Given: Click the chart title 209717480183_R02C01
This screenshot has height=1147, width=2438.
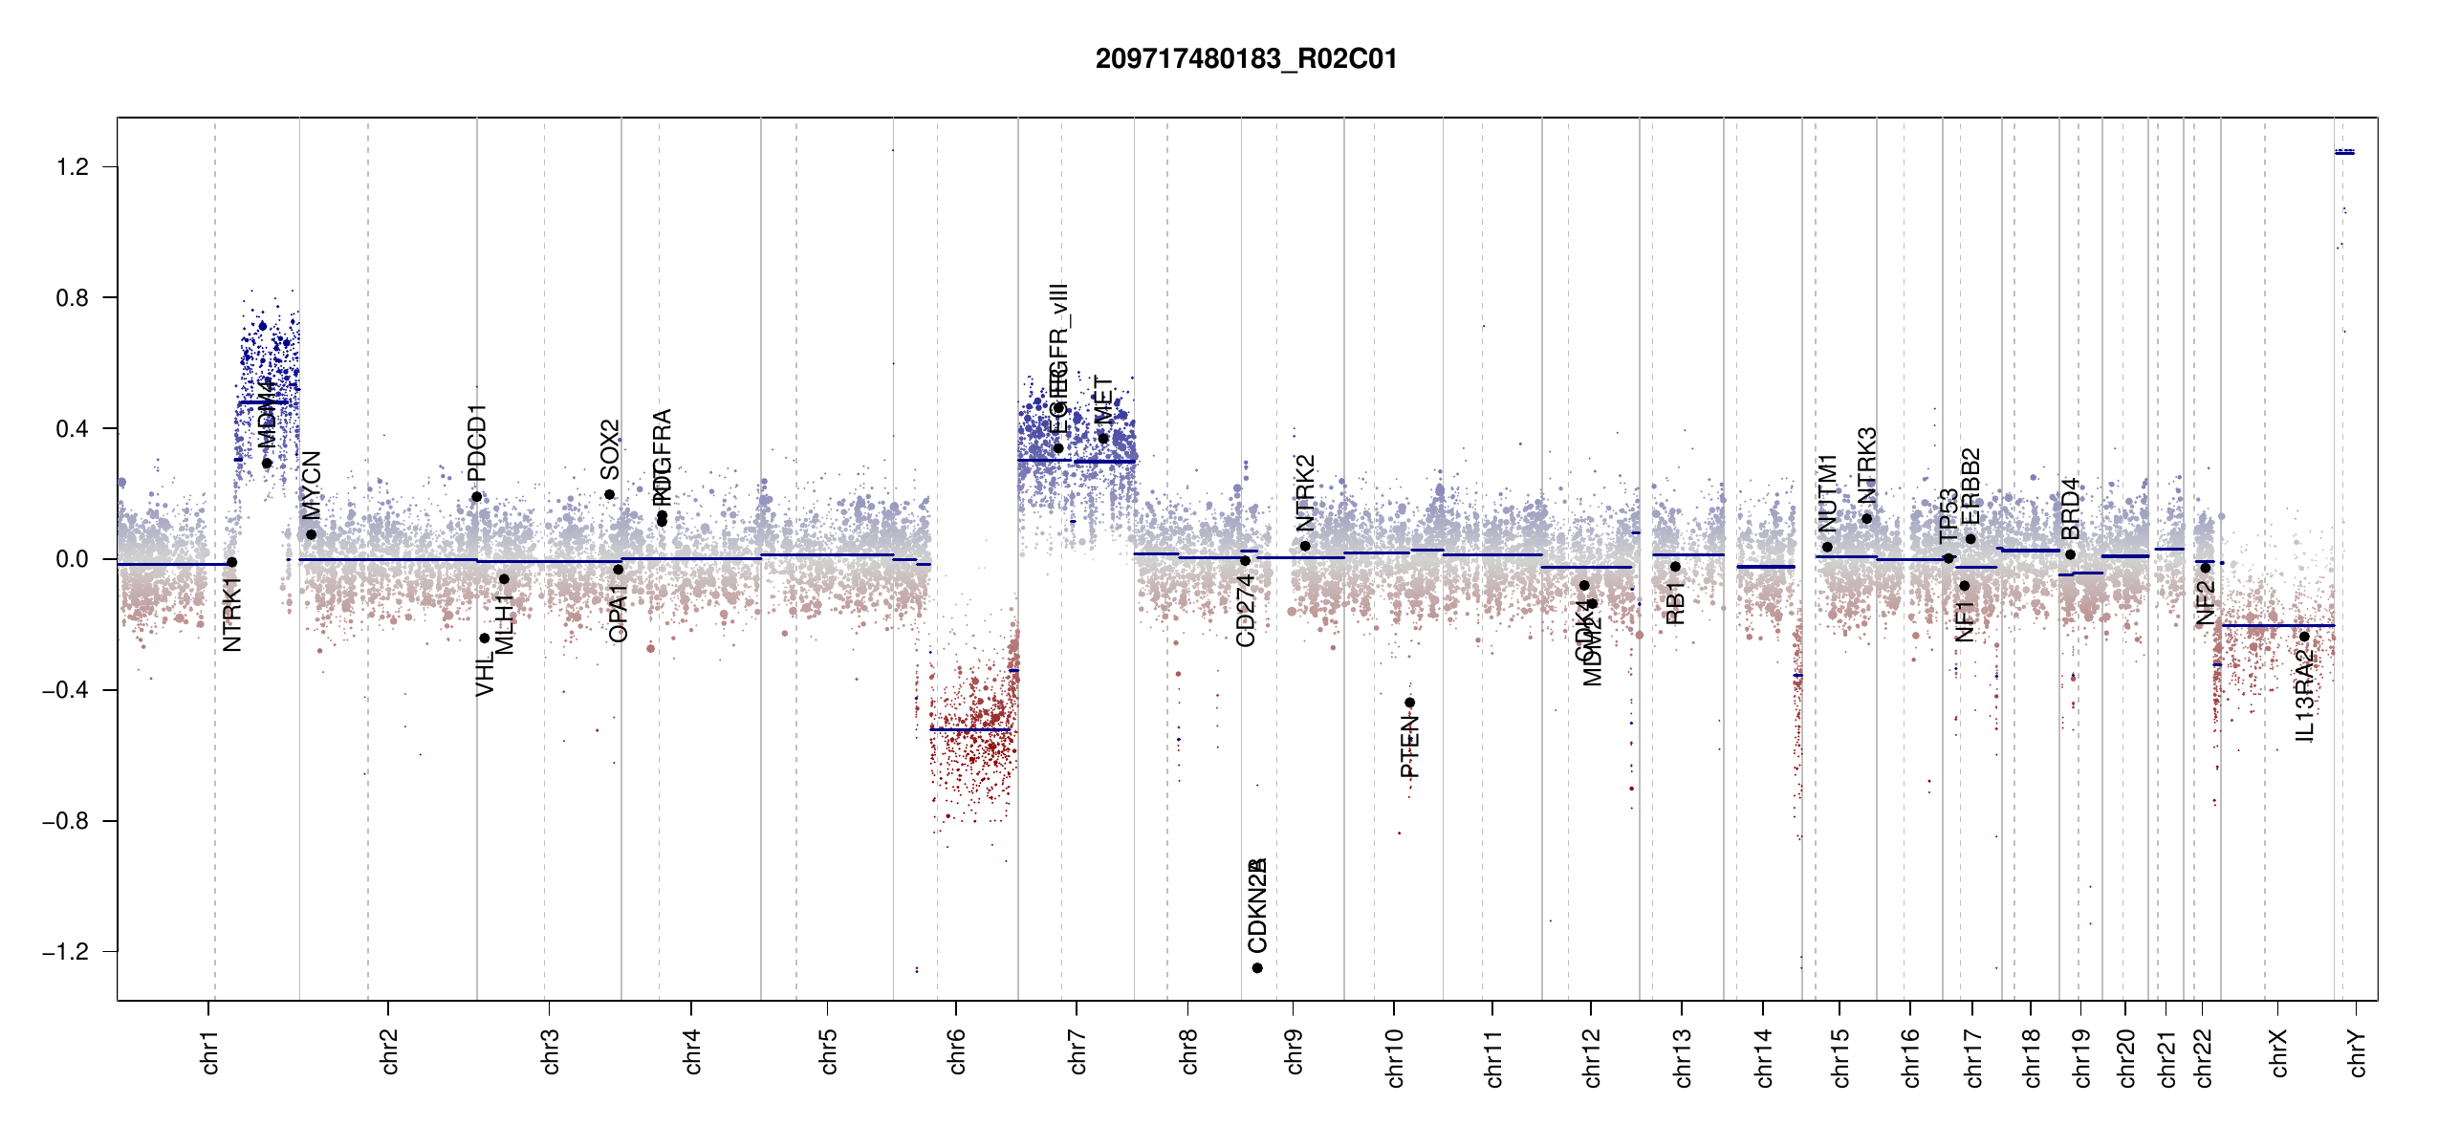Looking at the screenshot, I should (1246, 59).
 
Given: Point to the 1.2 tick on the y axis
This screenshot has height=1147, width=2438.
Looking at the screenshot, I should (72, 167).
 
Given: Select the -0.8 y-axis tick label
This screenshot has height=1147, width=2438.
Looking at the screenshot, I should (65, 821).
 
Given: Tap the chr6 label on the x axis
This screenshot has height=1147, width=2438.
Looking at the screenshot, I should (957, 1051).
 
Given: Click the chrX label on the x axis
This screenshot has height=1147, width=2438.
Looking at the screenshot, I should (2278, 1052).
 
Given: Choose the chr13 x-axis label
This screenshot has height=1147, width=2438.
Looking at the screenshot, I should (1682, 1057).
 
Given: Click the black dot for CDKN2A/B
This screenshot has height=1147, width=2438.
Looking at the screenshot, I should (1257, 968).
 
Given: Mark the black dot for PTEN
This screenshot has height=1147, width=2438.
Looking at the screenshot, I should (1409, 703).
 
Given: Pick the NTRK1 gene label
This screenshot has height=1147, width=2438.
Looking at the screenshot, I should (232, 615).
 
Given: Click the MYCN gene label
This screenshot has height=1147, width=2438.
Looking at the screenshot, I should (312, 485).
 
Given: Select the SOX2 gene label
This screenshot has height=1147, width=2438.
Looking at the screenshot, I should (610, 449).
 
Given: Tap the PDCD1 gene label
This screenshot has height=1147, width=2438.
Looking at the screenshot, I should (477, 442).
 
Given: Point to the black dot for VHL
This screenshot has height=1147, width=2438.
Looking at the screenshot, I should (485, 638).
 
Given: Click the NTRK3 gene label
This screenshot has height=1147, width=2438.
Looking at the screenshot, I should (1867, 465).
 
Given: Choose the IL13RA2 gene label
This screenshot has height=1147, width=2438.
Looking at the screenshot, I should (2304, 695).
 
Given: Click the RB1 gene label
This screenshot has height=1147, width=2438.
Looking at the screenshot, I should (1675, 602).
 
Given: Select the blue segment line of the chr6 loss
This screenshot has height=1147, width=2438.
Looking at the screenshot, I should (969, 730).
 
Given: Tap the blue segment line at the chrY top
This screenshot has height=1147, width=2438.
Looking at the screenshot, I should (2344, 152).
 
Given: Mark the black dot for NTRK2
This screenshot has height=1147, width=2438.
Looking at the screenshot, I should (1305, 546).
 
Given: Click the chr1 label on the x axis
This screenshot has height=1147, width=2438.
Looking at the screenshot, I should (210, 1051).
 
